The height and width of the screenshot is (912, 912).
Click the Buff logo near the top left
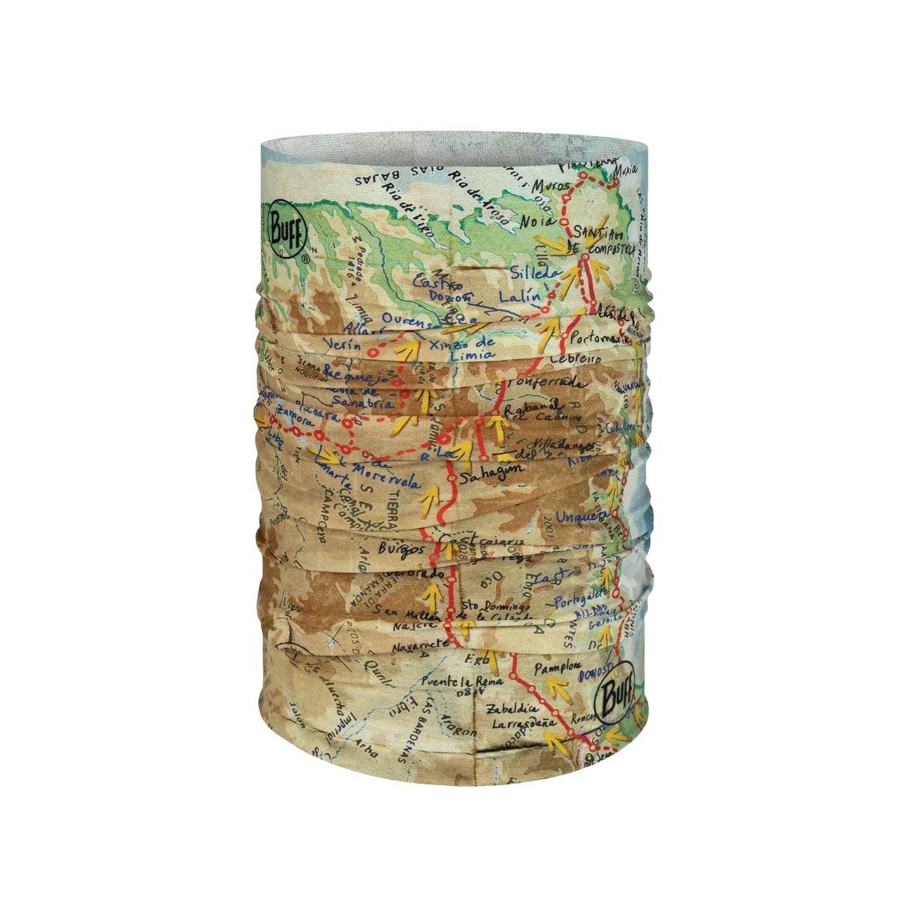point(285,225)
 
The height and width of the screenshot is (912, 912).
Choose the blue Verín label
point(340,343)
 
